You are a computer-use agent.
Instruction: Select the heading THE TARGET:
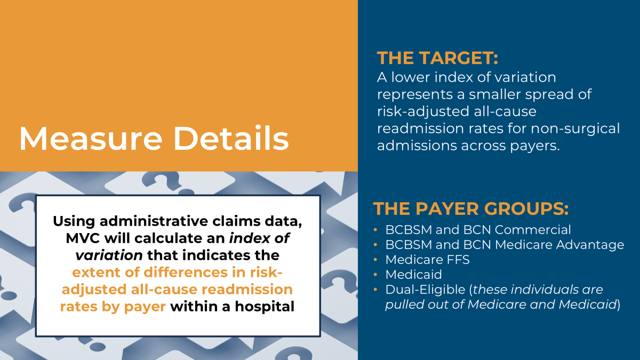point(437,58)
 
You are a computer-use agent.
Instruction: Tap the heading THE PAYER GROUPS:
point(471,209)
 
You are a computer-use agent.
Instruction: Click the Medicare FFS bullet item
point(427,260)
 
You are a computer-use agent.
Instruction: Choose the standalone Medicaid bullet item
point(413,275)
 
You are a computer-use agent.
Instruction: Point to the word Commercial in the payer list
point(533,230)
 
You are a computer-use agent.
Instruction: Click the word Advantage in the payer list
point(590,245)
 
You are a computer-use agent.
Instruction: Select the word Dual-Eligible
point(426,290)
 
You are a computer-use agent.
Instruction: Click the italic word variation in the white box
point(109,255)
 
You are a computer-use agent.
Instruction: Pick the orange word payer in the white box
point(145,307)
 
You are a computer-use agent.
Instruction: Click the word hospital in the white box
point(265,307)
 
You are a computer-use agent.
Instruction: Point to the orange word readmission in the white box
point(247,290)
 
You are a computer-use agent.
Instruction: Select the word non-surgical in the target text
point(575,129)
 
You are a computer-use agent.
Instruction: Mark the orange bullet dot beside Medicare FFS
point(375,259)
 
